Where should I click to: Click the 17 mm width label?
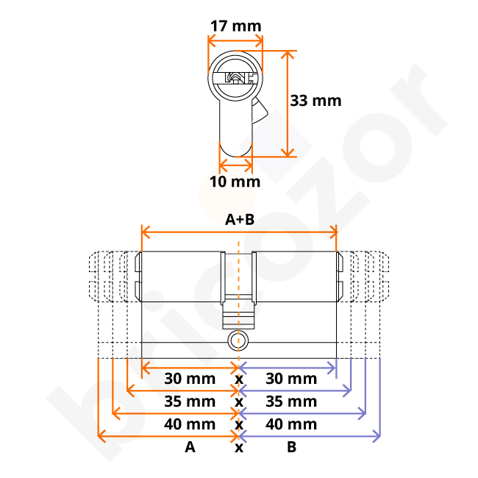point(235,26)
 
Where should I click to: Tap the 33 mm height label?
point(315,100)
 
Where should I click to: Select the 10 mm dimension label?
point(235,181)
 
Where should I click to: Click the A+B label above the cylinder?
point(239,219)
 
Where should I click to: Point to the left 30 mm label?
point(190,379)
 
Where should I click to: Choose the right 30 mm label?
point(291,379)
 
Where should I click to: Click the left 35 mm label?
point(190,402)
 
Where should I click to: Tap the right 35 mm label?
point(291,402)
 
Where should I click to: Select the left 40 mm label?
point(190,424)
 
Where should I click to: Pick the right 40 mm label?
point(291,424)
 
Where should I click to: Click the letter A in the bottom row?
point(190,447)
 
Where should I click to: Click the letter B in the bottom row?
point(291,447)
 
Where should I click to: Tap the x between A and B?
point(239,447)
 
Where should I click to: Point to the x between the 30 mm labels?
point(239,379)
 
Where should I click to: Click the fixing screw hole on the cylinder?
point(235,340)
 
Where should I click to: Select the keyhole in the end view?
point(235,76)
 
